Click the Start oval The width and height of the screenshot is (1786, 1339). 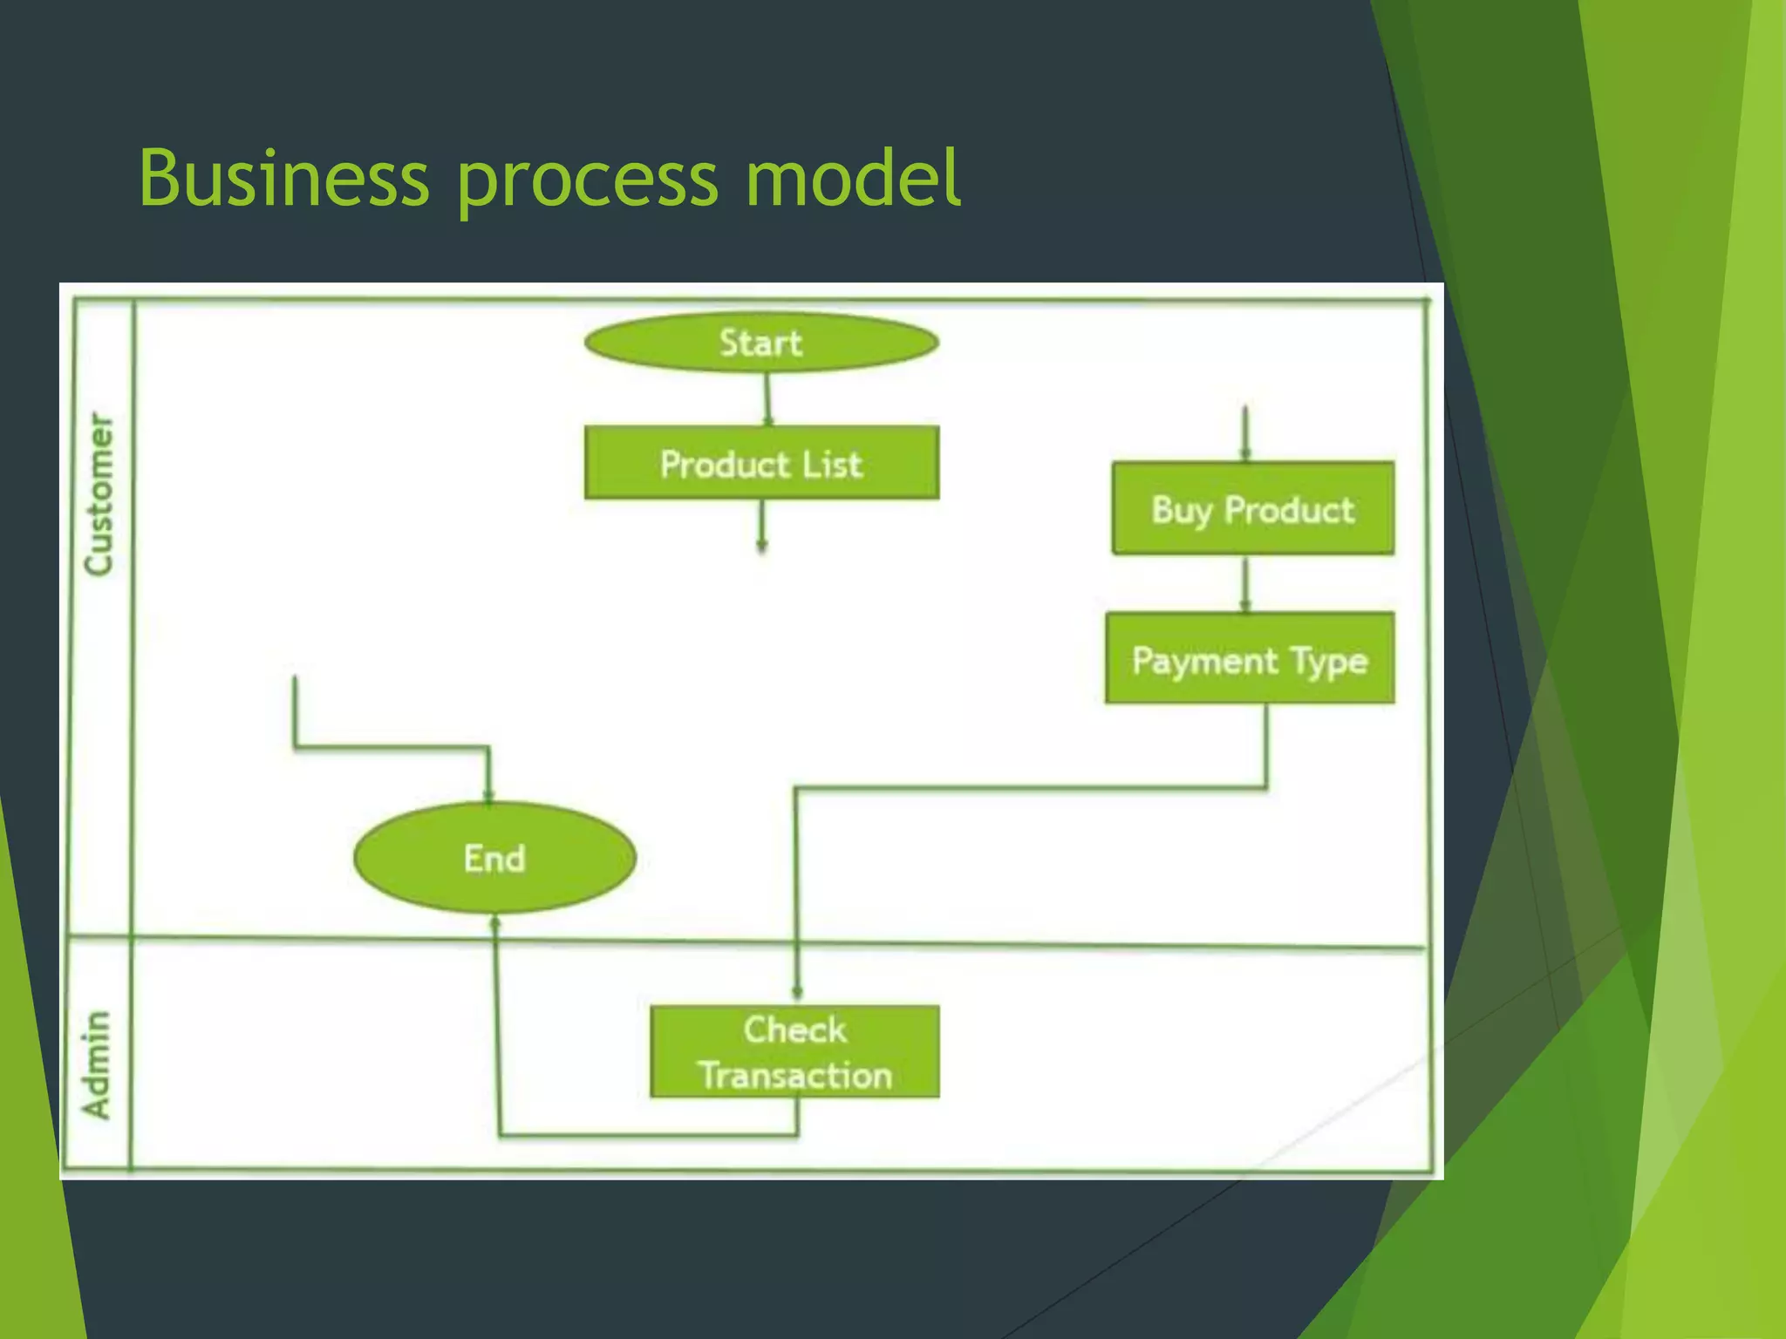[761, 343]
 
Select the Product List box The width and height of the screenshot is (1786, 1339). [761, 463]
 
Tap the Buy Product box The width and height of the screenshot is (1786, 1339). [1253, 509]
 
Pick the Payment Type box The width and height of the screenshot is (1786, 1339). [1250, 659]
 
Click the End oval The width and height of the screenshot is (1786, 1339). [494, 858]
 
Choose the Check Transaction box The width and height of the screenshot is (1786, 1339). [794, 1052]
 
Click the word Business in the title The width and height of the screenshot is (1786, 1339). [284, 179]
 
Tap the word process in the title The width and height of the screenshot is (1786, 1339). [588, 179]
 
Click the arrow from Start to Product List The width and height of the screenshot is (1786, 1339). [767, 399]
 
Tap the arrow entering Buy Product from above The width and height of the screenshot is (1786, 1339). [1245, 433]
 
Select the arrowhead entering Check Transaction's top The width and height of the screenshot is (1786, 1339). [797, 992]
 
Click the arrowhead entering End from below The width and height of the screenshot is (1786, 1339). [495, 922]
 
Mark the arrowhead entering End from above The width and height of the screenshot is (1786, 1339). [488, 795]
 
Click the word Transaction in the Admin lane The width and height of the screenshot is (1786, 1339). [794, 1076]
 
